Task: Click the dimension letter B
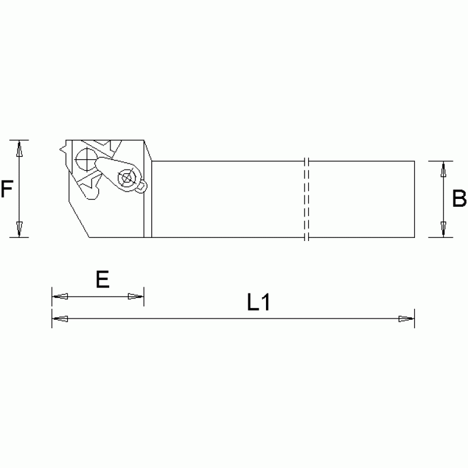click(x=459, y=199)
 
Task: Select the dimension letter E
click(x=102, y=279)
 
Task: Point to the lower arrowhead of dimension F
click(x=20, y=229)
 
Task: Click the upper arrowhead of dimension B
click(x=443, y=169)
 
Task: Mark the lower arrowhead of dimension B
click(x=443, y=229)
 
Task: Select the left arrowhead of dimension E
click(x=60, y=297)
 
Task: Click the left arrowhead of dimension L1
click(x=60, y=319)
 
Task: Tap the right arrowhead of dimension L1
click(x=406, y=319)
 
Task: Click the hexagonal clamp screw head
click(x=127, y=178)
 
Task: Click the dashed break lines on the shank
click(x=307, y=199)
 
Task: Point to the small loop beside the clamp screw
click(x=142, y=186)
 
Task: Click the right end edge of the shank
click(x=414, y=199)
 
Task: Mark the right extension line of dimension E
click(x=144, y=297)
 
